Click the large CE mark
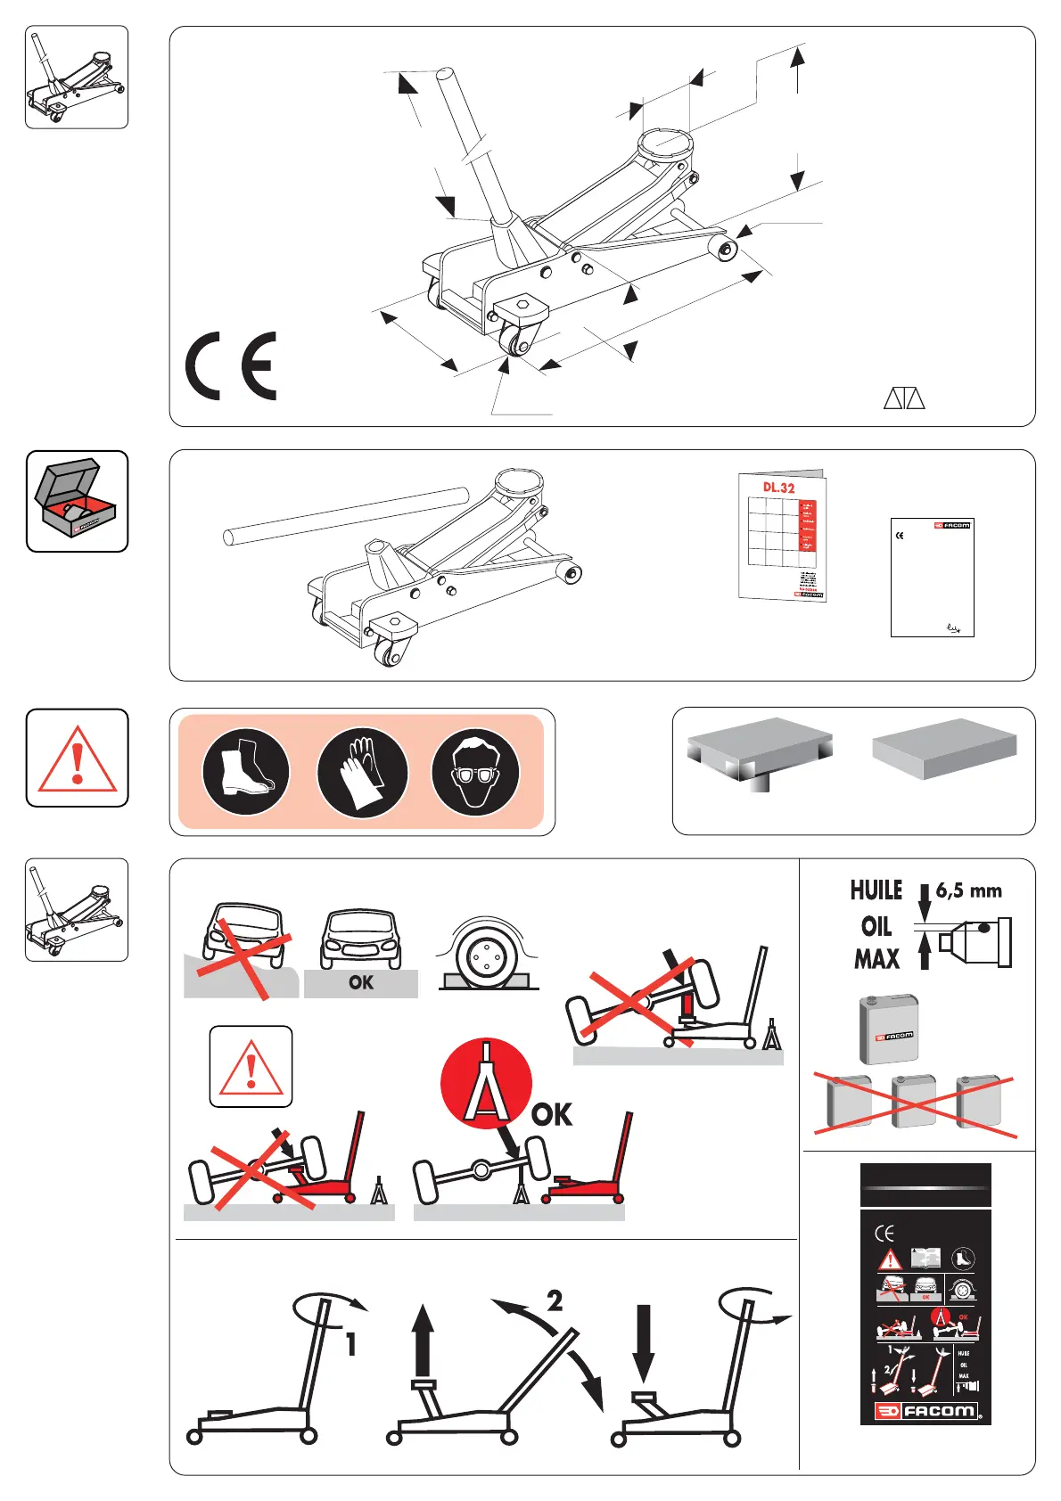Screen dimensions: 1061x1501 click(231, 365)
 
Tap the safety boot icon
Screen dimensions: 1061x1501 click(245, 772)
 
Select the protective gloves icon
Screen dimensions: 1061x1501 click(362, 772)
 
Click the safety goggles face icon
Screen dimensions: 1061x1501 click(476, 772)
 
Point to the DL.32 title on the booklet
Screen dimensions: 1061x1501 click(778, 488)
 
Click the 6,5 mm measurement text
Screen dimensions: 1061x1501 click(968, 890)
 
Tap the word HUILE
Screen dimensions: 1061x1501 click(876, 890)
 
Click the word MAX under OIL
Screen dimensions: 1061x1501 click(876, 959)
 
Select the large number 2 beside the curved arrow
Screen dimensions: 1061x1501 click(555, 1300)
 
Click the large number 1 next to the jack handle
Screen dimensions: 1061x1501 click(351, 1343)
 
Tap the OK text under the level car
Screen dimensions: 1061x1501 click(361, 982)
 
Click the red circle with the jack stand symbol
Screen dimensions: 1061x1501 click(486, 1083)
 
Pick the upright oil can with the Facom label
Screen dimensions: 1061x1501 click(889, 1029)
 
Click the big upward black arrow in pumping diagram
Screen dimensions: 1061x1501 click(424, 1346)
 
